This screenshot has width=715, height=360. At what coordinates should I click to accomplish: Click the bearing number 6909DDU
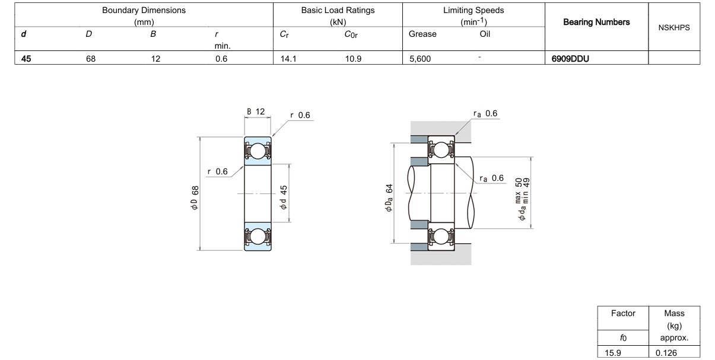click(570, 59)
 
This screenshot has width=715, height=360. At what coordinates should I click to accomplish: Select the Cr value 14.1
click(288, 59)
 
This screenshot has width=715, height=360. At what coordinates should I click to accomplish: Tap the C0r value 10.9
click(353, 59)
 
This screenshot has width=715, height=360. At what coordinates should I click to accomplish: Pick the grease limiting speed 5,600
click(420, 59)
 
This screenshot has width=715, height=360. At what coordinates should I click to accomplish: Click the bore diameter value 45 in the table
click(26, 59)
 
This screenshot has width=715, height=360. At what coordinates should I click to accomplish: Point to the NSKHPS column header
click(674, 28)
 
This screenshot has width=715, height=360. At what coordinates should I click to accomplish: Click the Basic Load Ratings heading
click(338, 10)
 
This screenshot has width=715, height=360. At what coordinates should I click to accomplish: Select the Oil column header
click(485, 34)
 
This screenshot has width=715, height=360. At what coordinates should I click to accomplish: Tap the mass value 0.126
click(666, 353)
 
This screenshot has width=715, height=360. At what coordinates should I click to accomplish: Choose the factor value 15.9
click(613, 353)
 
